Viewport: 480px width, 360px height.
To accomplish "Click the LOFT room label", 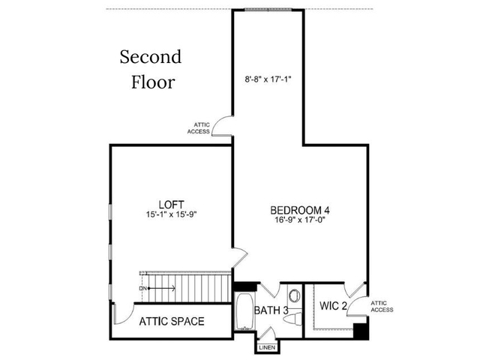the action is (171, 205).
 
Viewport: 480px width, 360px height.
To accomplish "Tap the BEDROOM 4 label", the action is (300, 210).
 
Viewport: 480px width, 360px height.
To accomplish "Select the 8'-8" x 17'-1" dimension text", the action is (268, 79).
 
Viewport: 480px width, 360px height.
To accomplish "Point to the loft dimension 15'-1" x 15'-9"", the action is (171, 214).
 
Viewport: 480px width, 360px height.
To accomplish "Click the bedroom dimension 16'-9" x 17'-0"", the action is (300, 220).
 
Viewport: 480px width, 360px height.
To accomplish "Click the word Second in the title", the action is (151, 57).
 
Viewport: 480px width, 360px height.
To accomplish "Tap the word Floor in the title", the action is (153, 82).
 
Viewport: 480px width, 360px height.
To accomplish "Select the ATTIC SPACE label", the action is (172, 321).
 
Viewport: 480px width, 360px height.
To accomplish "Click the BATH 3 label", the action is (271, 310).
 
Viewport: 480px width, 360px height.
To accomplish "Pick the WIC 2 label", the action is (333, 305).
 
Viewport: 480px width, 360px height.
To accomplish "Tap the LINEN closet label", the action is (267, 348).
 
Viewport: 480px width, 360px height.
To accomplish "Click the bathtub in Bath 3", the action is (244, 312).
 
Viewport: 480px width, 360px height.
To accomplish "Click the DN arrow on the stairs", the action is (161, 288).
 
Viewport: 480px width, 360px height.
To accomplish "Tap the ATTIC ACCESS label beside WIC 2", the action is (382, 307).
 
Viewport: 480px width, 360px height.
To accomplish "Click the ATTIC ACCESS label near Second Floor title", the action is (199, 128).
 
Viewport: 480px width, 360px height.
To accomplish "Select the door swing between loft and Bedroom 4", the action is (240, 257).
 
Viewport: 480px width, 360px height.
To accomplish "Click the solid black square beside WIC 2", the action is (361, 331).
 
